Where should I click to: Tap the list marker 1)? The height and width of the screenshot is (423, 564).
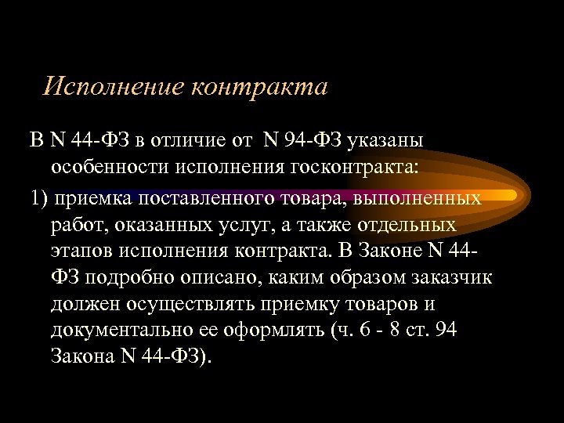pos(42,197)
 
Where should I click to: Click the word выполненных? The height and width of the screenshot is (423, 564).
pos(417,197)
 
